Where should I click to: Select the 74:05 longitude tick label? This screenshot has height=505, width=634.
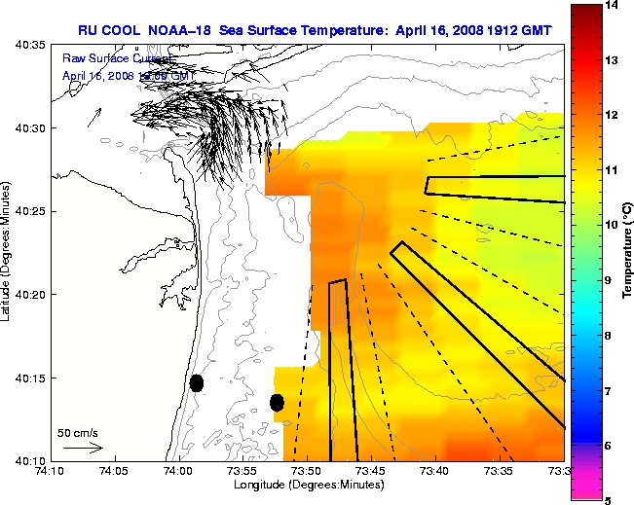point(114,471)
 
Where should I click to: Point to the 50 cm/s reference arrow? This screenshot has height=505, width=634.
point(83,448)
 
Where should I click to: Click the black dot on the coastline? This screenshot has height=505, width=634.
point(197,382)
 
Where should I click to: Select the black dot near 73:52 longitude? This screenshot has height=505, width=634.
point(277,402)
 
